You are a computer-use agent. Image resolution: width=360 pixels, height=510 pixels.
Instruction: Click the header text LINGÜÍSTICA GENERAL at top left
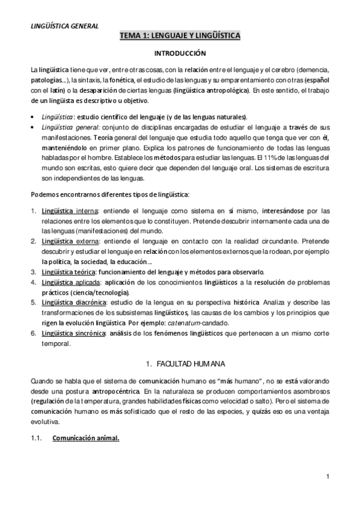64,25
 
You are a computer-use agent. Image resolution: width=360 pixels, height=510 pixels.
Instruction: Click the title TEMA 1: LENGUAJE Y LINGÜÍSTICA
180,36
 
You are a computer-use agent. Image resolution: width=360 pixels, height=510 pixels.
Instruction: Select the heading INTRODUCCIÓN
180,53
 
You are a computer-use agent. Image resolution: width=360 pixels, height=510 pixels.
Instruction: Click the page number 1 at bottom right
328,478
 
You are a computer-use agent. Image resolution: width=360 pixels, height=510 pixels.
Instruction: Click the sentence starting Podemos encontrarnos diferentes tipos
111,194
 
